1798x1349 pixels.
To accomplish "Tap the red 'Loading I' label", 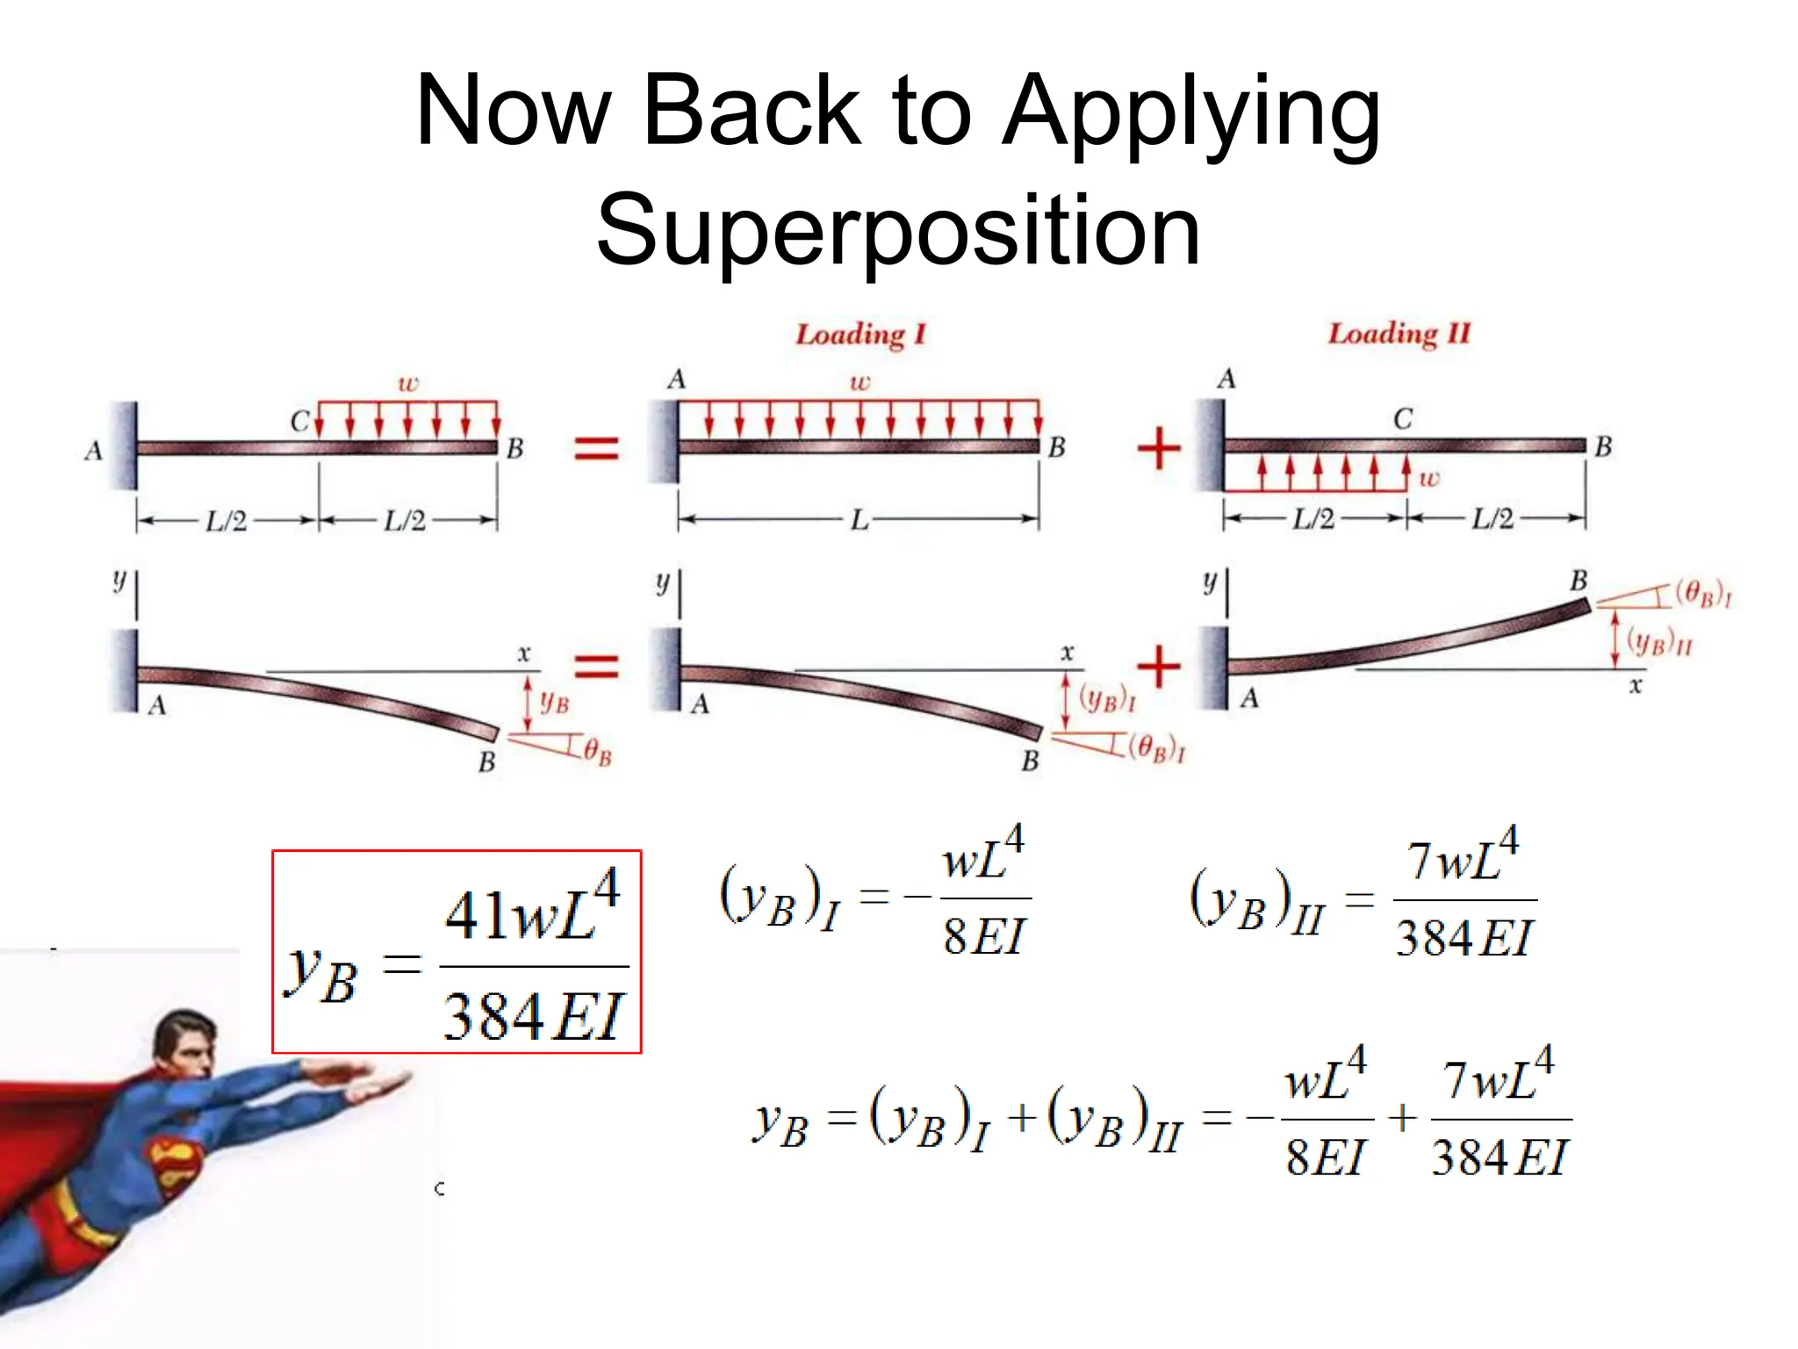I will coord(860,335).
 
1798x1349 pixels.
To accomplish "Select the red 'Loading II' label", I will coord(1399,334).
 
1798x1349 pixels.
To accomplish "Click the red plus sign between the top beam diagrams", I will coord(1159,449).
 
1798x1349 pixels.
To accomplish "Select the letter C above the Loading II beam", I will coord(1403,419).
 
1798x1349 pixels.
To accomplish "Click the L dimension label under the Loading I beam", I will coord(859,520).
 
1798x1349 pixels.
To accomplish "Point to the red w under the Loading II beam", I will coord(1429,479).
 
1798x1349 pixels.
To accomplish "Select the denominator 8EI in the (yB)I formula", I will coord(984,936).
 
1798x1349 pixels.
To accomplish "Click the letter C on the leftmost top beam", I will coord(299,422).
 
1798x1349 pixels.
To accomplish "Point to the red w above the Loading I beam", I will coord(859,382).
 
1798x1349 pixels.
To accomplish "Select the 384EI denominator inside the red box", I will coord(534,1016).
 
